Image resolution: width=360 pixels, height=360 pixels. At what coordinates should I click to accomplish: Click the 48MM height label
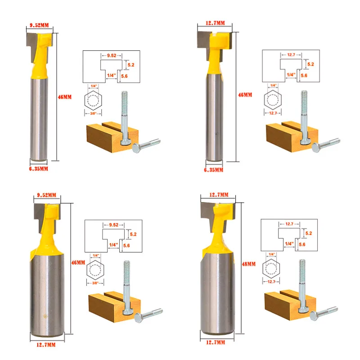[x=249, y=264]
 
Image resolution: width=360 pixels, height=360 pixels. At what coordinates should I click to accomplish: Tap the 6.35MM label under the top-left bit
[x=39, y=169]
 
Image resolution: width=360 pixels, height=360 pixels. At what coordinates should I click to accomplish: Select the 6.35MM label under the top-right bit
[x=213, y=170]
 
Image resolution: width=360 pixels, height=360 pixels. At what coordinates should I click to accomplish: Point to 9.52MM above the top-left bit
[x=39, y=25]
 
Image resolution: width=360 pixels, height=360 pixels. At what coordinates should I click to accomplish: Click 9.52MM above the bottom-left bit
[x=47, y=195]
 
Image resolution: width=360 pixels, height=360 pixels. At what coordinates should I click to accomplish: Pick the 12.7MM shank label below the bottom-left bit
[x=46, y=345]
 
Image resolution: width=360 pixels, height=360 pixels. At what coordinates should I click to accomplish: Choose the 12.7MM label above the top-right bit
[x=215, y=23]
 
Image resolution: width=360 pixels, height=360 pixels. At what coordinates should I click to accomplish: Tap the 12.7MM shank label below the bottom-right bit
[x=216, y=342]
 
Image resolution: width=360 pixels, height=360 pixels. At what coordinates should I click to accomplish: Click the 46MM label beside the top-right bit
[x=245, y=95]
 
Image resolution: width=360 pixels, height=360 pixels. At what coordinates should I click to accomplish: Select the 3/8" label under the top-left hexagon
[x=93, y=113]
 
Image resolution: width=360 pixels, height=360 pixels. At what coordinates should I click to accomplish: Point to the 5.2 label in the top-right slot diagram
[x=310, y=64]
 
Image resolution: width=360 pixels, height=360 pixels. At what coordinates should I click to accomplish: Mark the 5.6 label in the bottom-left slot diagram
[x=126, y=246]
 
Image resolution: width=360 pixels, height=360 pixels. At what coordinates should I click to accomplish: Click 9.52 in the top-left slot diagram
[x=112, y=55]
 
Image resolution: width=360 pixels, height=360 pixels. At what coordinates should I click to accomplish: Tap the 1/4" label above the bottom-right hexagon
[x=272, y=254]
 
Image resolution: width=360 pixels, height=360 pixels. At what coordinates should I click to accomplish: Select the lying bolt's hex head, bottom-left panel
[x=138, y=318]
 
